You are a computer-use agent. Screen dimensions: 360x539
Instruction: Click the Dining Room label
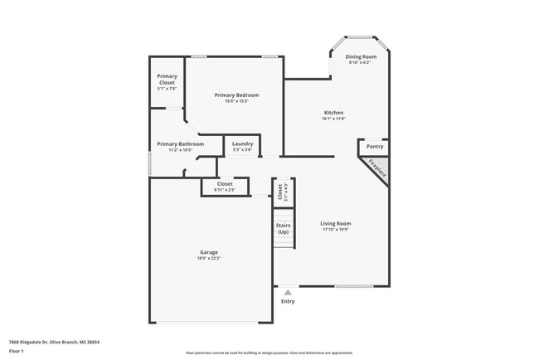tap(361, 56)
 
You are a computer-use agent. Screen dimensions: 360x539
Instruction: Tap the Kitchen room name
tap(333, 113)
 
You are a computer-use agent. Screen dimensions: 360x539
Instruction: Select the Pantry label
tap(374, 146)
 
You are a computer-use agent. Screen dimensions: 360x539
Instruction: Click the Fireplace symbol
tap(377, 168)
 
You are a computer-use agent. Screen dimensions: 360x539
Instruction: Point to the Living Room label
tap(336, 223)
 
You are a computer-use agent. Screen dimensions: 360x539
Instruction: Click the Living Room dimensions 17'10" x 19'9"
tap(336, 230)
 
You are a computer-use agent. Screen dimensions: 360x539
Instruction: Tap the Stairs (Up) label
tap(283, 228)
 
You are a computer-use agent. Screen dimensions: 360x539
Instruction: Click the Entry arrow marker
tap(288, 292)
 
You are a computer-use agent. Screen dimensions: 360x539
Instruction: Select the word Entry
tap(288, 301)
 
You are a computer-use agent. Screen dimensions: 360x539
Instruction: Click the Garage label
tap(209, 252)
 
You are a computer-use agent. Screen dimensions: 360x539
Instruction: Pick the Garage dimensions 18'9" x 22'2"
tap(209, 259)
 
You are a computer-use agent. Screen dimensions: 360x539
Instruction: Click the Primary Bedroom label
tap(236, 95)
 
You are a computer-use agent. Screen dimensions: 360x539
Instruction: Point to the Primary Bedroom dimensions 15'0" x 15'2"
tap(236, 102)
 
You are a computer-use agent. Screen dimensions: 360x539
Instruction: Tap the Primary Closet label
tap(167, 80)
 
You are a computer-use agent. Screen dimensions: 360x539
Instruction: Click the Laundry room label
tap(242, 144)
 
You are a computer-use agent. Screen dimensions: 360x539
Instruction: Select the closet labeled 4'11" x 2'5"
tap(225, 187)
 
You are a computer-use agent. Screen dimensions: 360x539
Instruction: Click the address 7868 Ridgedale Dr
tap(28, 342)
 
